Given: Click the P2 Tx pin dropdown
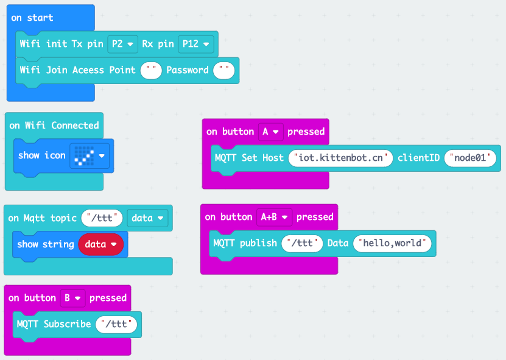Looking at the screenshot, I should click(122, 44).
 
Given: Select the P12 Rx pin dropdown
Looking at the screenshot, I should click(195, 44).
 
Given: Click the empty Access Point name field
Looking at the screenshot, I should click(151, 70).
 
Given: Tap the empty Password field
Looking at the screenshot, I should click(224, 70).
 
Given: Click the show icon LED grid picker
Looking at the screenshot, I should click(89, 155).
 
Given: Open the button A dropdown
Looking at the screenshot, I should click(270, 132).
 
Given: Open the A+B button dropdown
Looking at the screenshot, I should click(274, 217).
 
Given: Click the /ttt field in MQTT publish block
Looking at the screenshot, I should click(302, 243).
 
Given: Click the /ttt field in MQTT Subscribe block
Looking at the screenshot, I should click(116, 324).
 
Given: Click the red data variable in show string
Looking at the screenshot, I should click(100, 244).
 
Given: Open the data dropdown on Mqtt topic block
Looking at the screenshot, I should click(147, 218).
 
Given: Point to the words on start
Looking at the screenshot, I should click(32, 18).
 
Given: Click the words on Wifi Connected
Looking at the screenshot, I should click(54, 125).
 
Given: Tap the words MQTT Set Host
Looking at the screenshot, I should click(249, 158).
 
